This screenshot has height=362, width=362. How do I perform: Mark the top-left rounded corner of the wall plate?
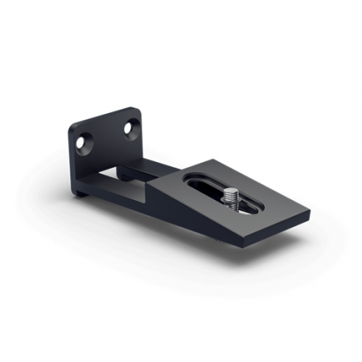coord(72,126)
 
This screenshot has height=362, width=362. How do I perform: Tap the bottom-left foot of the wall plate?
coord(81,192)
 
